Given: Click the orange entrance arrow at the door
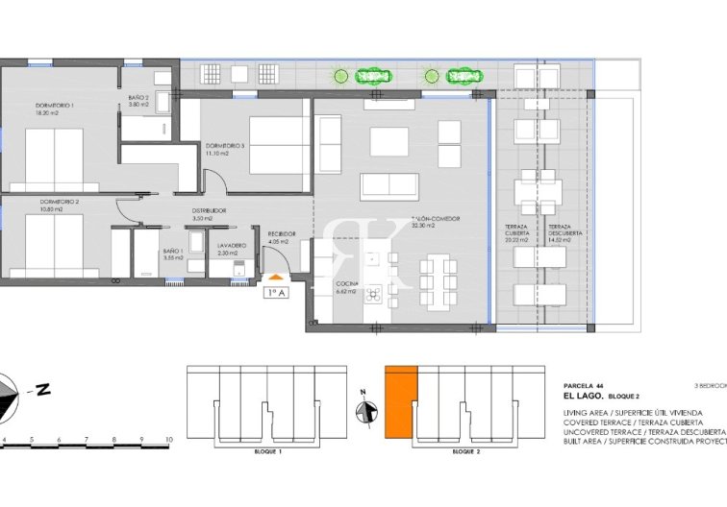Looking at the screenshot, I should (x=276, y=278).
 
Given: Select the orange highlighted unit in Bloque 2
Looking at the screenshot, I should (x=401, y=403).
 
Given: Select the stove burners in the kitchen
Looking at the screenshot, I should (x=372, y=293).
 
